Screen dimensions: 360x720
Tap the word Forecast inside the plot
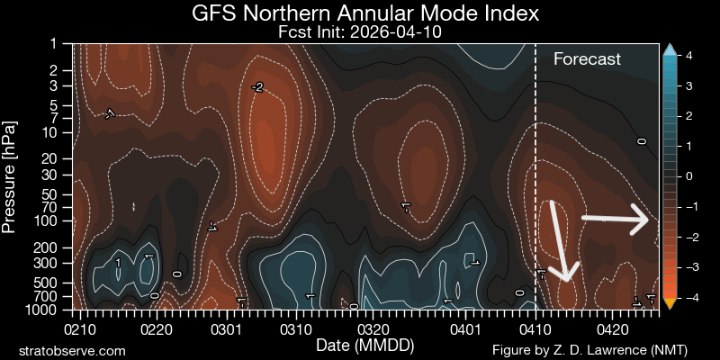click(x=587, y=59)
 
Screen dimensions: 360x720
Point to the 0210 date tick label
click(x=77, y=329)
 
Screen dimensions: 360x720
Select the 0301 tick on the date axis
click(x=226, y=329)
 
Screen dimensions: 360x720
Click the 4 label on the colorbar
click(x=688, y=56)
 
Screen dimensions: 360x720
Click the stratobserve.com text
click(x=72, y=349)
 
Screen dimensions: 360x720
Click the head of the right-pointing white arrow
click(x=646, y=219)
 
